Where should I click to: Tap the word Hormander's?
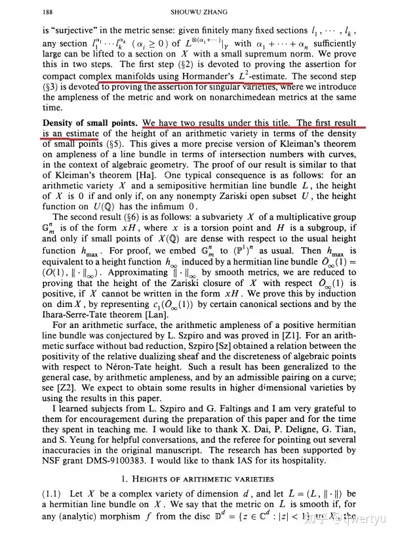click(242, 76)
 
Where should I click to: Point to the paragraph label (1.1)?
click(55, 493)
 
